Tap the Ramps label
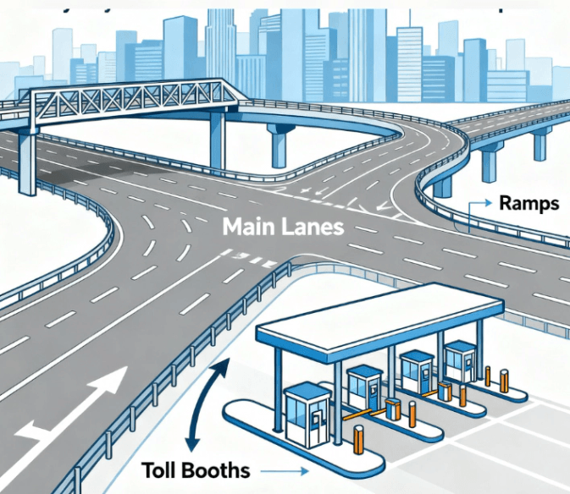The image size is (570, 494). pyautogui.click(x=528, y=203)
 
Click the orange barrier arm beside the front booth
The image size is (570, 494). pyautogui.click(x=363, y=415)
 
